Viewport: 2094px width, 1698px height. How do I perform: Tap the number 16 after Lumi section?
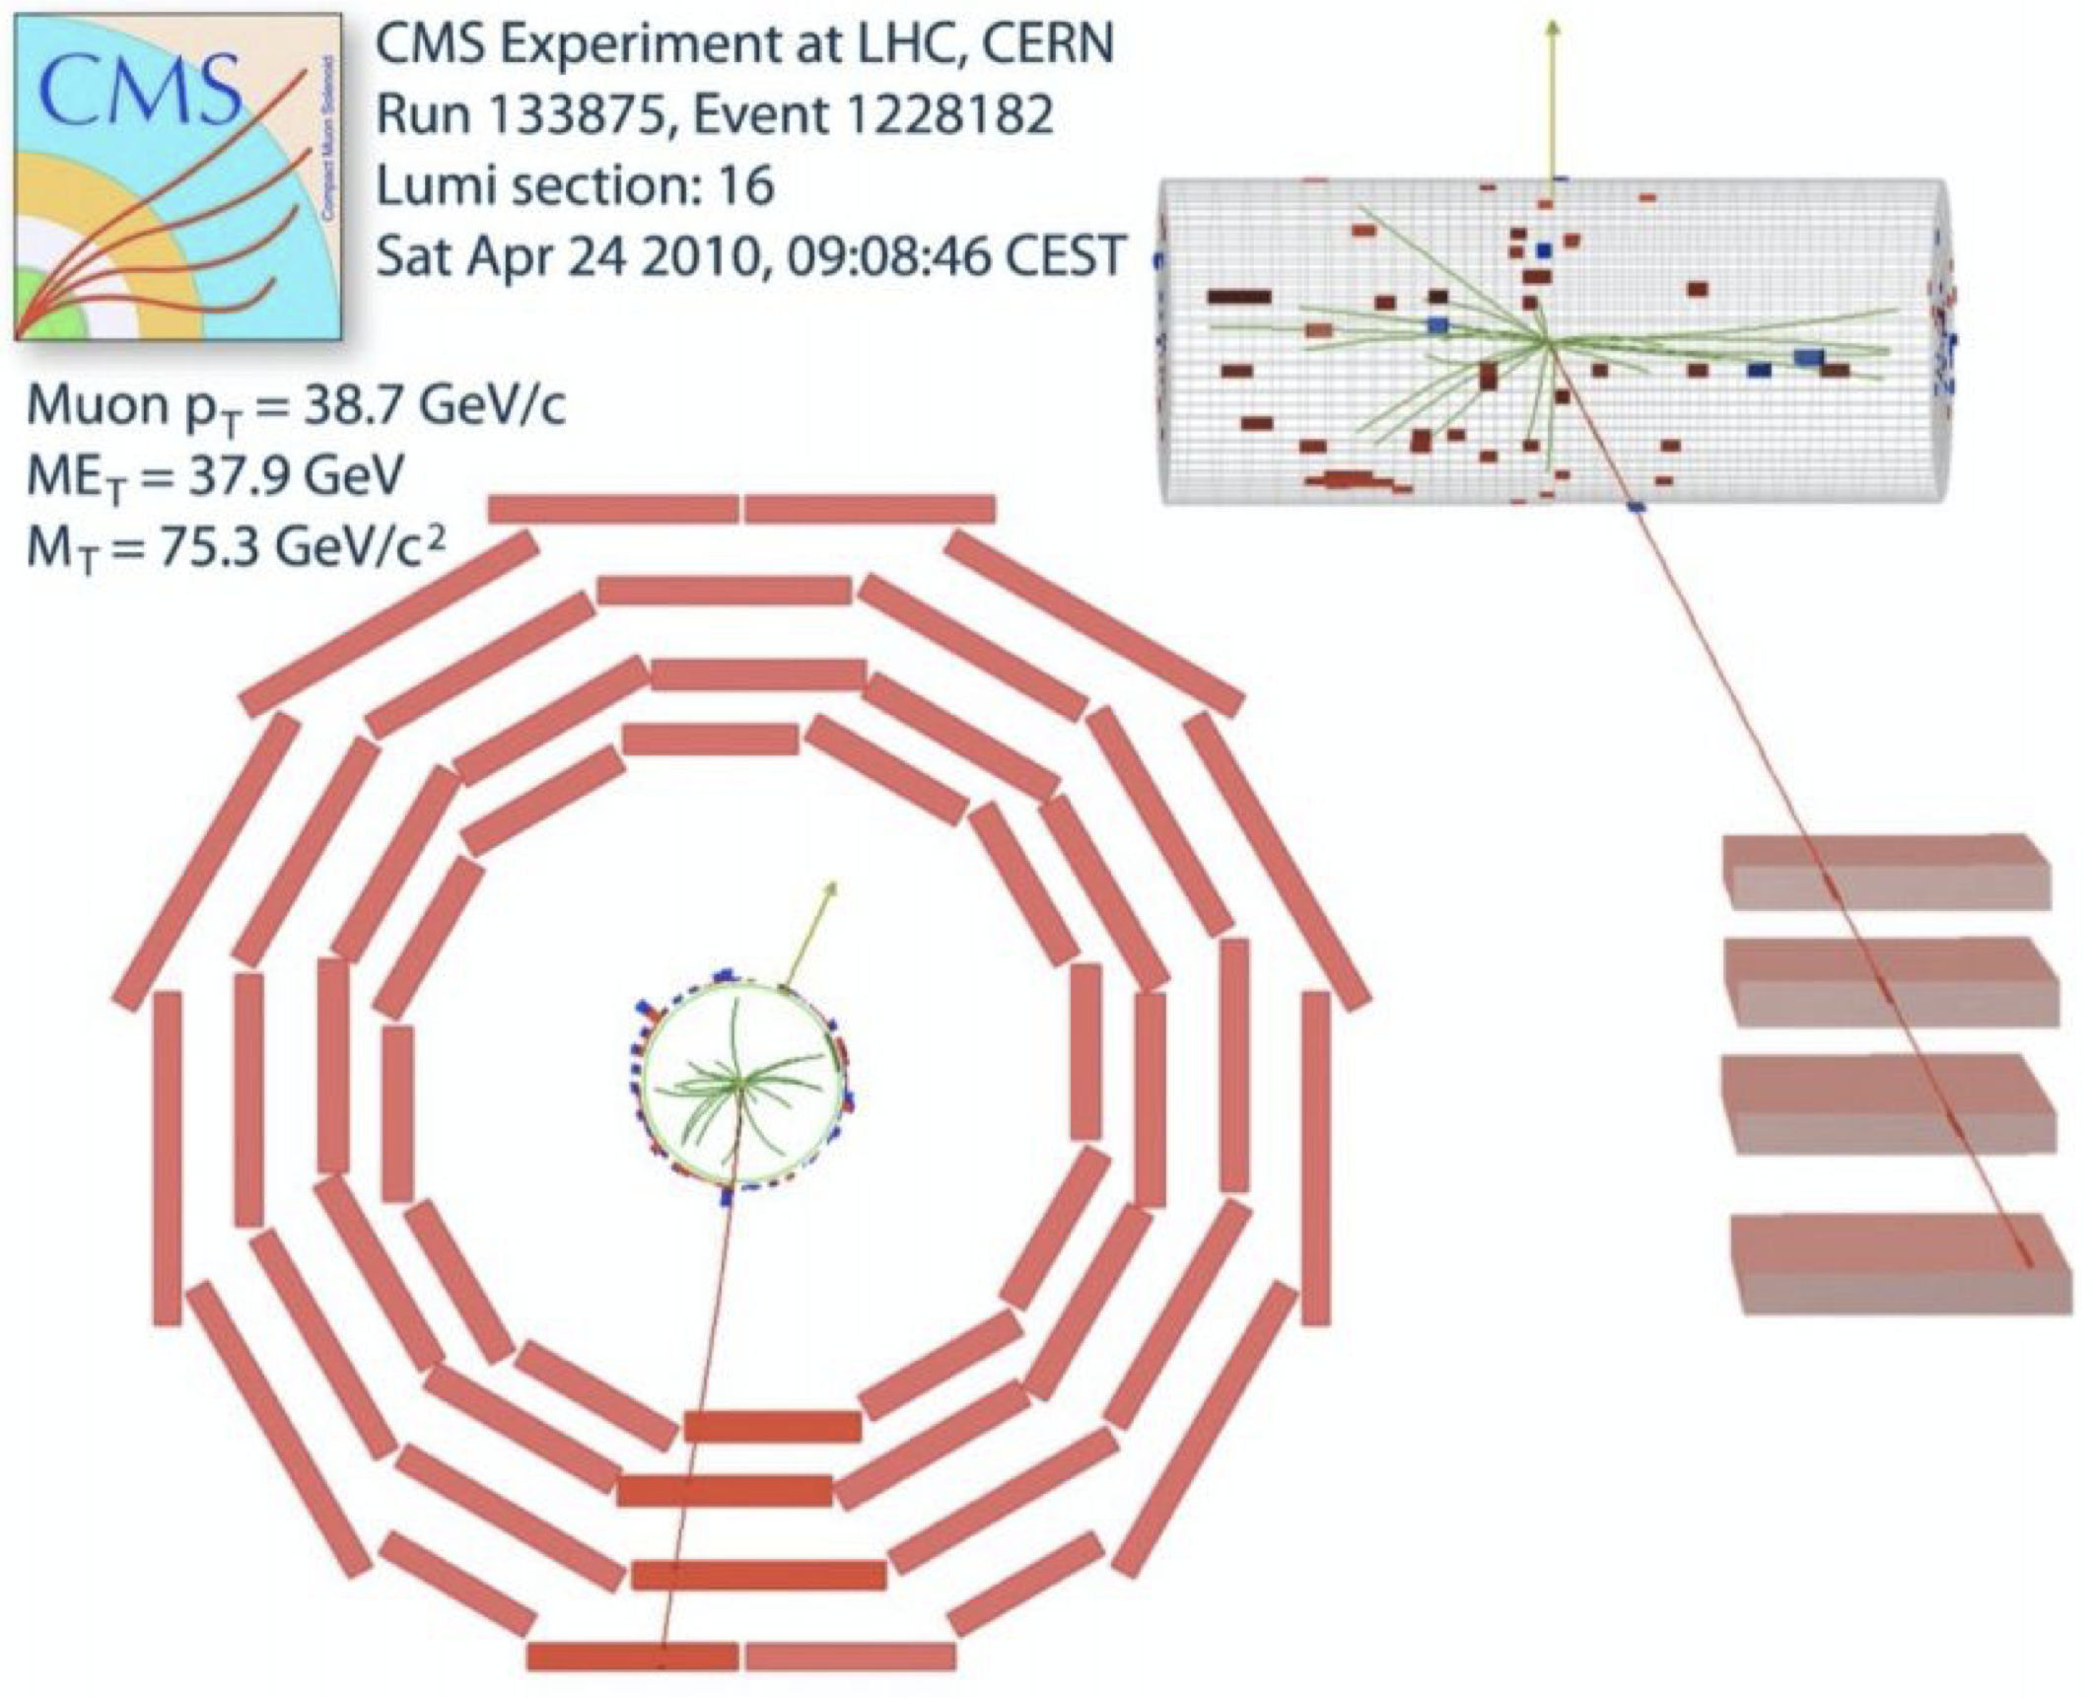[x=745, y=186]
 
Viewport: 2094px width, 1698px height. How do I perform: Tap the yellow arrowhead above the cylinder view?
[x=1553, y=30]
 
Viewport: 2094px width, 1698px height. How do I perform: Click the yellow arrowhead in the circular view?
[x=830, y=888]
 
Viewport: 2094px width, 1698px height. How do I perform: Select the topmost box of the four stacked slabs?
[x=1885, y=872]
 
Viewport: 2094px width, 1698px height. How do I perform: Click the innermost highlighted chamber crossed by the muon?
[x=772, y=1426]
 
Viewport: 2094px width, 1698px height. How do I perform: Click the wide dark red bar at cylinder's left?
[x=1239, y=296]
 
